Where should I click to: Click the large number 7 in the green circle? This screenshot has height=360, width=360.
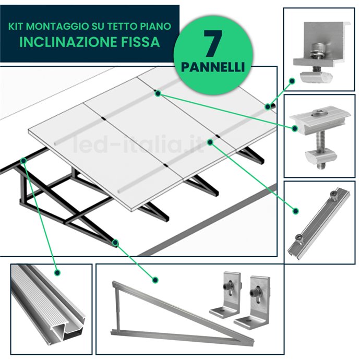coord(213,44)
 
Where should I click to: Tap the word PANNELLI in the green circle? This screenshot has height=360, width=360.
coord(213,67)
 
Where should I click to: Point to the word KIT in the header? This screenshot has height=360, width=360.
coord(16,27)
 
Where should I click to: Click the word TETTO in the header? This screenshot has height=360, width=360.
coord(121,27)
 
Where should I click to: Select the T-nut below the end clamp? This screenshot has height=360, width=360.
coord(316,77)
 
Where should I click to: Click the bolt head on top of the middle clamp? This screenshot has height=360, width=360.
coord(318,113)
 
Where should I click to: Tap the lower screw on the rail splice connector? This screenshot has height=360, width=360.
coord(299,237)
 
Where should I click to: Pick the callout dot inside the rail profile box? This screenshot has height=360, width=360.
coord(57,272)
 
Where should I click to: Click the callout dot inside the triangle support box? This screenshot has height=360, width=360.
coord(155,280)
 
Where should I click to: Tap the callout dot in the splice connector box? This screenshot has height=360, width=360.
coord(296,211)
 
